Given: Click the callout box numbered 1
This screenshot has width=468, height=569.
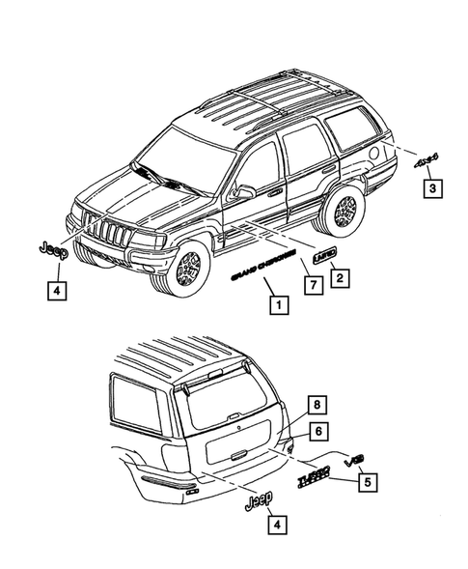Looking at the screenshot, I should pyautogui.click(x=277, y=308).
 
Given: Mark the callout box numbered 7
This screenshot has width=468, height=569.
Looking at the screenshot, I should pyautogui.click(x=313, y=285).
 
